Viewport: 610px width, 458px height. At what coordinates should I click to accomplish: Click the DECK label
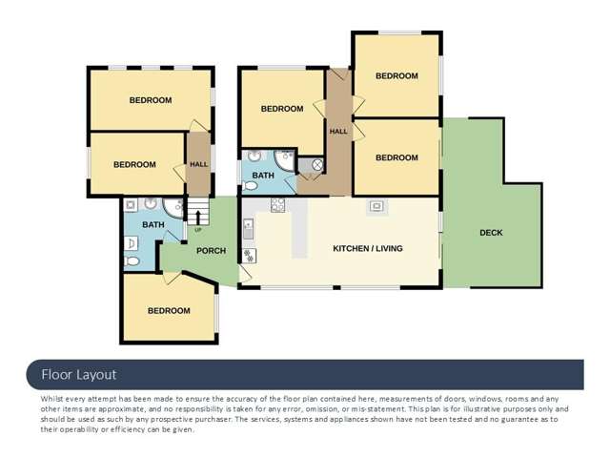[491, 233]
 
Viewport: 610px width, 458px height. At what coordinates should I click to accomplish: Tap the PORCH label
[211, 251]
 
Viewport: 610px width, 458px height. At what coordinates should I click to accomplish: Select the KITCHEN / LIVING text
[367, 249]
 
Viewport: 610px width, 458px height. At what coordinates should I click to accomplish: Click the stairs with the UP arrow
[197, 214]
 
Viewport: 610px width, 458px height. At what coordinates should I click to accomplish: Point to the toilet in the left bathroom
[132, 260]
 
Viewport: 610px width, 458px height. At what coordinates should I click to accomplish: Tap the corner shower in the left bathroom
[173, 206]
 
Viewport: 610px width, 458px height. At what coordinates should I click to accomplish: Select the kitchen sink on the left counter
[248, 229]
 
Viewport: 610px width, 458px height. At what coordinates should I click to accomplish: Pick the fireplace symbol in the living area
[376, 206]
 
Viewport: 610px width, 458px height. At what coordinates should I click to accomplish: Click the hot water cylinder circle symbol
[317, 164]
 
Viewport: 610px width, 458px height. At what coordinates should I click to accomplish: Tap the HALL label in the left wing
[198, 164]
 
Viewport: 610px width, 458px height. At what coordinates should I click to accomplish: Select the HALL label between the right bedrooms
[338, 131]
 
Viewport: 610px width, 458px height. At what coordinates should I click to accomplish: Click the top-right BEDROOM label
[396, 76]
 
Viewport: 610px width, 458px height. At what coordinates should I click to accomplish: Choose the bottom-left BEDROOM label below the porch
[169, 311]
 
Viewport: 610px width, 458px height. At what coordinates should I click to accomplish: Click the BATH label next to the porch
[153, 225]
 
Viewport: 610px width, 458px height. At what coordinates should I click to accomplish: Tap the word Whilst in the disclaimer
[55, 398]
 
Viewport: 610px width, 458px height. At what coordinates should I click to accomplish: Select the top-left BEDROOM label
[151, 100]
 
